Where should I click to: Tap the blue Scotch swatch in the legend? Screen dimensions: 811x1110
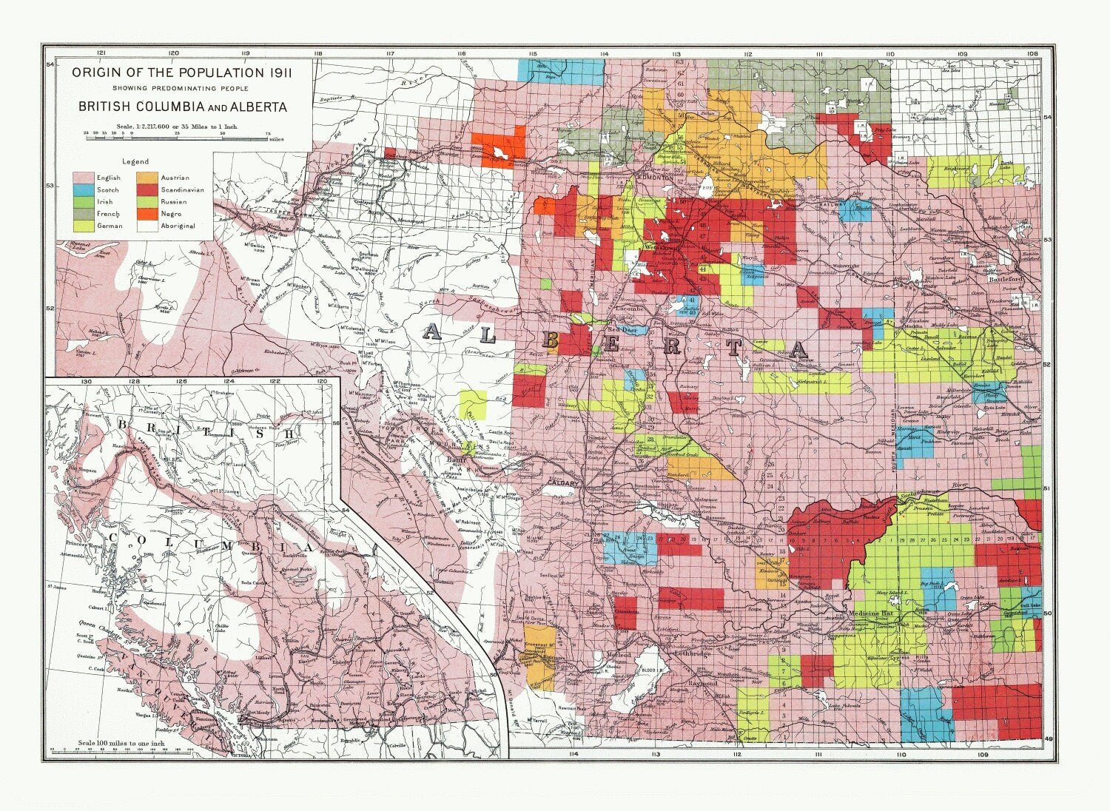tap(83, 190)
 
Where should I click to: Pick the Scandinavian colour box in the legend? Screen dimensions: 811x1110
tap(147, 190)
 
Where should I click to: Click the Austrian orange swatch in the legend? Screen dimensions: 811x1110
tap(147, 178)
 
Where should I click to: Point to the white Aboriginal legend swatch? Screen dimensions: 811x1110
tap(147, 226)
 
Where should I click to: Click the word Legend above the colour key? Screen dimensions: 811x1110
tap(135, 161)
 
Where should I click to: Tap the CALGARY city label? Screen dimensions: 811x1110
tap(562, 483)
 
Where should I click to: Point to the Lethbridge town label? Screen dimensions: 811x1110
tap(692, 654)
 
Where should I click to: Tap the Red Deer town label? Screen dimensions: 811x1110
tap(622, 329)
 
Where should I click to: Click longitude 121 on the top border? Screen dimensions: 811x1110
tap(101, 53)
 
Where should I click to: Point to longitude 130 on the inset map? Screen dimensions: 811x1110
tap(86, 381)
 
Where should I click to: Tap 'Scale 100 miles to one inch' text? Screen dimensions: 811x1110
tap(120, 742)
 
